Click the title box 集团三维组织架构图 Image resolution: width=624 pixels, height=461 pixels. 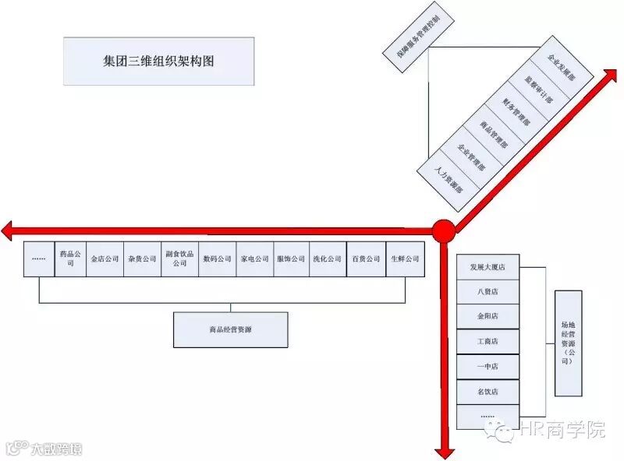(x=159, y=61)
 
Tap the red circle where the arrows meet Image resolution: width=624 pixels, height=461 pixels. (x=444, y=230)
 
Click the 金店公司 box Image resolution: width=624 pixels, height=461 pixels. (x=105, y=259)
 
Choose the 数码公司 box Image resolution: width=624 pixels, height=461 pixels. (x=217, y=259)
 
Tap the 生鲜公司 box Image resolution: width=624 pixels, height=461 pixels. (x=406, y=259)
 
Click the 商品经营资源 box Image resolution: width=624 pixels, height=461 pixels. (x=230, y=329)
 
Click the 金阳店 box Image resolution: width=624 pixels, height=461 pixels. (x=488, y=316)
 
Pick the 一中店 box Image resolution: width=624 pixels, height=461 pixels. (x=488, y=365)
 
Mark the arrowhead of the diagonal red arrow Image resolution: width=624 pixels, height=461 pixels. (x=610, y=73)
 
